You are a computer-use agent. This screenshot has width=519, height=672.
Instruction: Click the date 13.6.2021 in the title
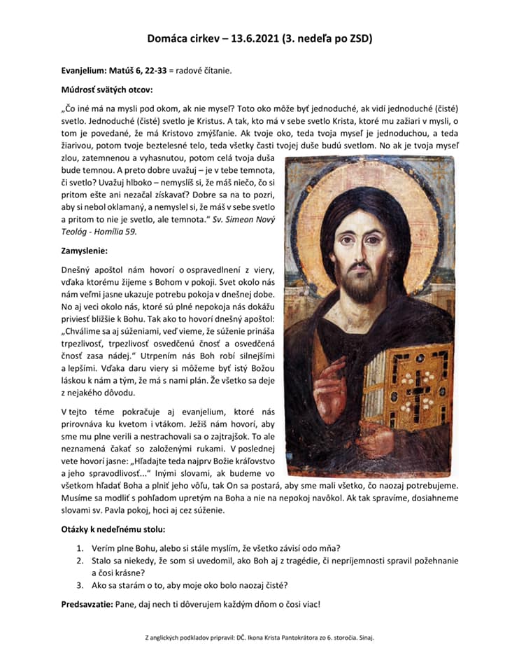[253, 38]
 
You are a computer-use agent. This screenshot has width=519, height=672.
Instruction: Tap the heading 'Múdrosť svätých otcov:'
[106, 90]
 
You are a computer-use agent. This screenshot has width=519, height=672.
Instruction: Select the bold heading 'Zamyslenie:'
[85, 248]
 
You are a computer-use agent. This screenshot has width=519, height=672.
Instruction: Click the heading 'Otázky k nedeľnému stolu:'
[113, 530]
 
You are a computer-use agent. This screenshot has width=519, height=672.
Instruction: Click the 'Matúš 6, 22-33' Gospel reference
[144, 71]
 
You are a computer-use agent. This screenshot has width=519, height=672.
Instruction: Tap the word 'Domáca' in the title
[169, 38]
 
